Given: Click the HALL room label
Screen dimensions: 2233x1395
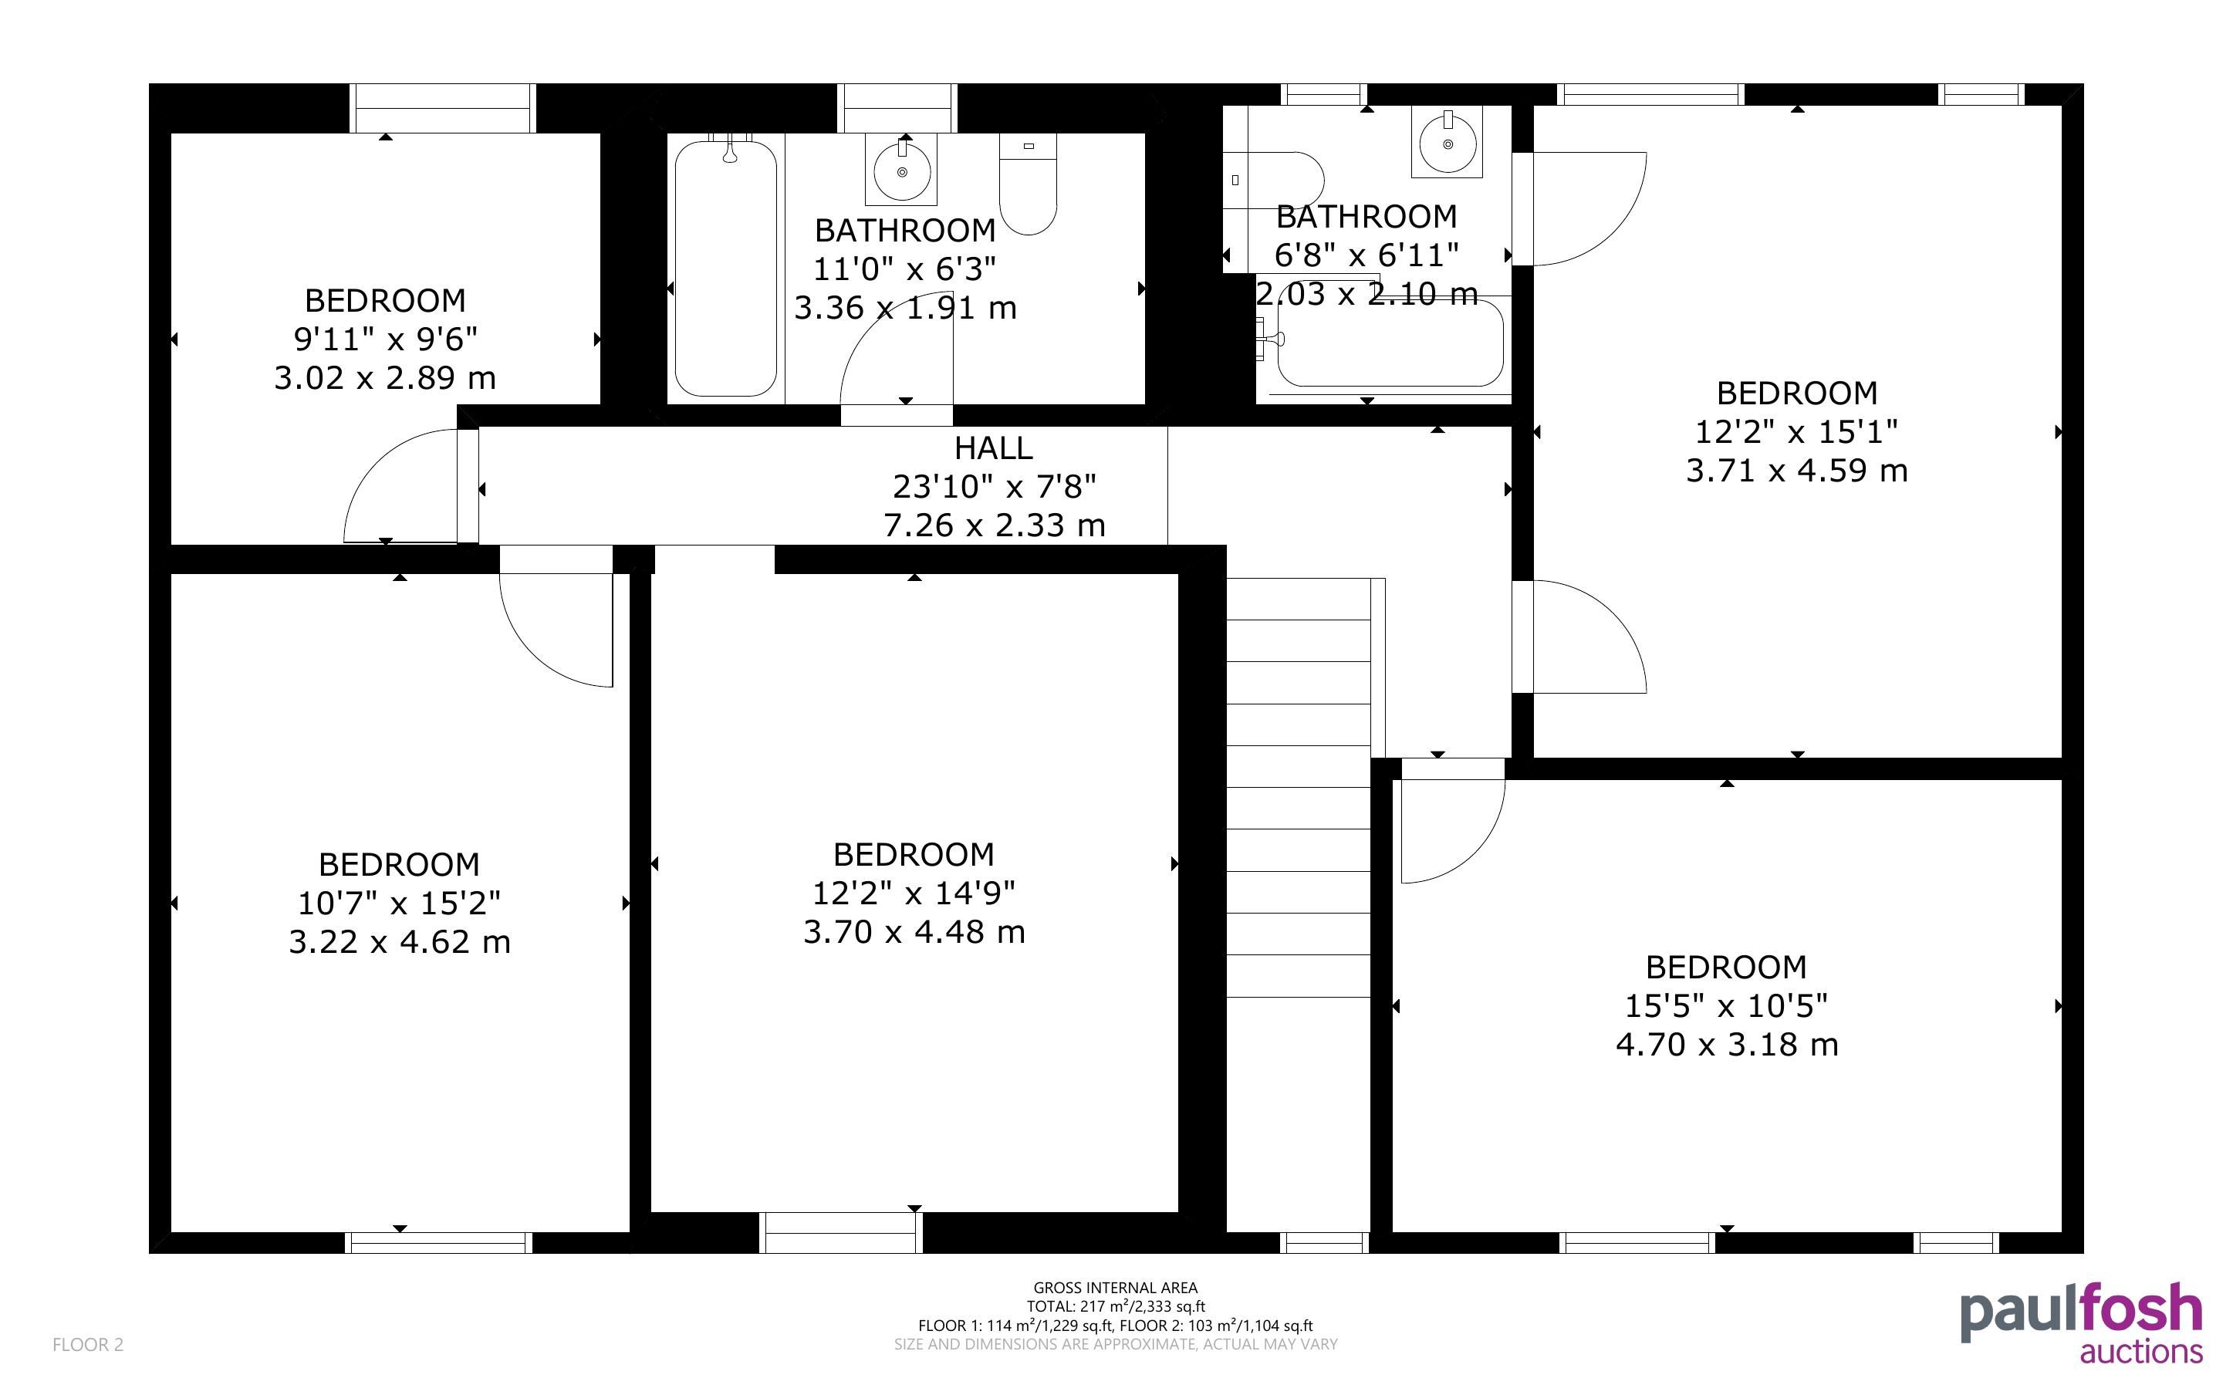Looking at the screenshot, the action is coord(992,448).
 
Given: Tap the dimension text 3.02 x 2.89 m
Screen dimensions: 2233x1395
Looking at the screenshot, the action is coord(384,377).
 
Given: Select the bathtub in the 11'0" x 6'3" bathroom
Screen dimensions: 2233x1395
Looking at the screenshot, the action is coord(726,269).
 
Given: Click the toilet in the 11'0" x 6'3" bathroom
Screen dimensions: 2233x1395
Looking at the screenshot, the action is coord(1028,184).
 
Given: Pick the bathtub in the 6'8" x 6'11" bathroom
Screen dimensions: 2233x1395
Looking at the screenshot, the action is coord(1390,343).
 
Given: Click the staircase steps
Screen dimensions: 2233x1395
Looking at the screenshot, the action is coord(1298,789).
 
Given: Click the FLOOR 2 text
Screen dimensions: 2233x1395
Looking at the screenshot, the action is coord(88,1344).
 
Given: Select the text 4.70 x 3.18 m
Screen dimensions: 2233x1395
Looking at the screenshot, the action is coord(1727,1045).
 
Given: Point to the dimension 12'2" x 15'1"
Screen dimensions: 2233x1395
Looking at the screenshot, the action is coord(1796,431).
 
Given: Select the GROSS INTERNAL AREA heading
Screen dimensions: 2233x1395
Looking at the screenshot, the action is coord(1115,1287).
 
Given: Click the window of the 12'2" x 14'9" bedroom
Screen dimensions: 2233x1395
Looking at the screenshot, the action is coord(840,1233).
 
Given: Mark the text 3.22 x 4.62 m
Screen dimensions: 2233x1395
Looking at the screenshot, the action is coord(400,942).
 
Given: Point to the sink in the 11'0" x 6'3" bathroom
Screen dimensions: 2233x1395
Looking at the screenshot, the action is coord(901,169).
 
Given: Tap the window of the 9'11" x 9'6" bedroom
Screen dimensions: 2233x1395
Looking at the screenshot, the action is coord(443,108).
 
